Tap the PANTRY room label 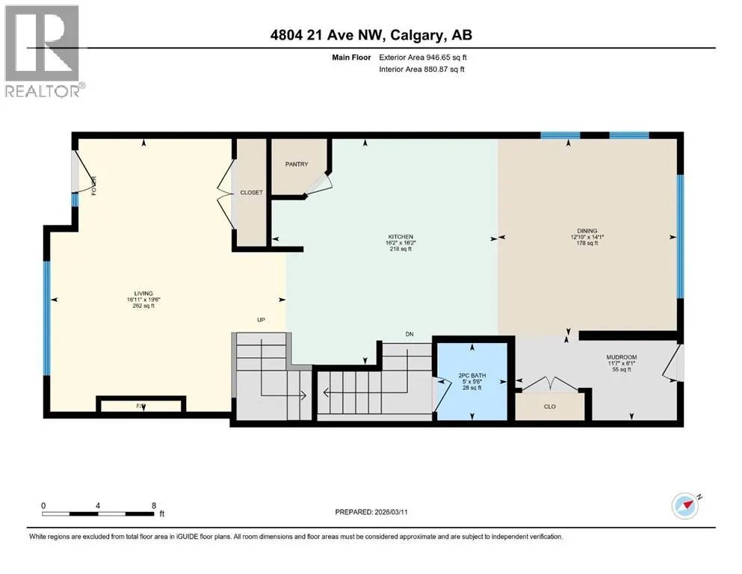(297, 164)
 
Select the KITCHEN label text (401, 237)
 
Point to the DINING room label (587, 231)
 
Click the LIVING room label (143, 294)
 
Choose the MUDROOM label (622, 357)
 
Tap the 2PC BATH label (472, 376)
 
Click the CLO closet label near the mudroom (550, 407)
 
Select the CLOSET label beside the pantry (251, 193)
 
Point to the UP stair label (261, 320)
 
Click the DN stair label (409, 334)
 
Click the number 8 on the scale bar (154, 505)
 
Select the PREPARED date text (371, 512)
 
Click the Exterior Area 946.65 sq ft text (423, 58)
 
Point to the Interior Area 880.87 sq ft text (421, 69)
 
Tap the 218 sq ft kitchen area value (401, 249)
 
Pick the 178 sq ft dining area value (587, 243)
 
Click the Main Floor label (351, 58)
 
